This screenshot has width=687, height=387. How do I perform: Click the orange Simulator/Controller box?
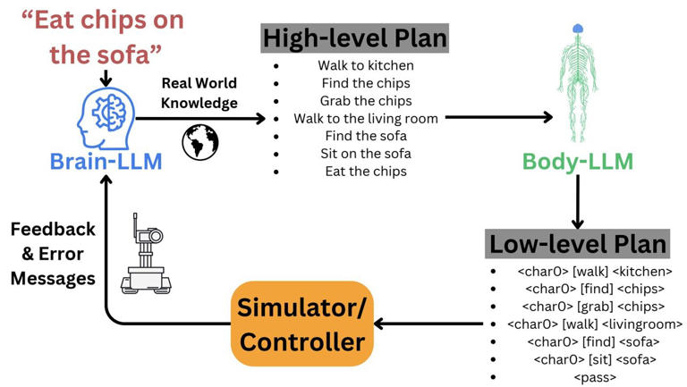pyautogui.click(x=302, y=324)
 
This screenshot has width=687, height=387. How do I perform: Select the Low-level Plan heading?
pyautogui.click(x=578, y=243)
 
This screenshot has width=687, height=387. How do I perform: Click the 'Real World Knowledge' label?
pyautogui.click(x=199, y=93)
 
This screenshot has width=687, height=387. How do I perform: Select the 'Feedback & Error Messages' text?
pyautogui.click(x=53, y=254)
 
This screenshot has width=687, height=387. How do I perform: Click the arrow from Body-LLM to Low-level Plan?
pyautogui.click(x=578, y=202)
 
